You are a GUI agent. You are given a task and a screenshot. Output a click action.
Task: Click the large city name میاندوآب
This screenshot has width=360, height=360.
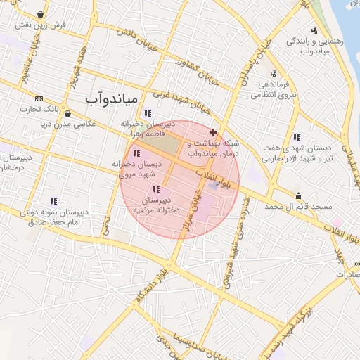(115, 98)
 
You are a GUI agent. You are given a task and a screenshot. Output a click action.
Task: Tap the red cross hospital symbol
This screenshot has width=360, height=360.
(213, 132)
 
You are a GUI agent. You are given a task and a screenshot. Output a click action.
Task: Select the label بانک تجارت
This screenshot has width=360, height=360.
(37, 109)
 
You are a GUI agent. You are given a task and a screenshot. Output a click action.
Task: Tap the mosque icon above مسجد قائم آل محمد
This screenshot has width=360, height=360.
(300, 196)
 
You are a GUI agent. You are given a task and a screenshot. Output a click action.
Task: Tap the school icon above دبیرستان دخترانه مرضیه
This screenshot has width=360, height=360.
(155, 189)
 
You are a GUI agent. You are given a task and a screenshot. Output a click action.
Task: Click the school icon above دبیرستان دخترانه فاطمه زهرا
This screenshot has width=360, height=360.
(147, 112)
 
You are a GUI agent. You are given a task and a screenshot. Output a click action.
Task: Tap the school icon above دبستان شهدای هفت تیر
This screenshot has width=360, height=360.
(297, 137)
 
